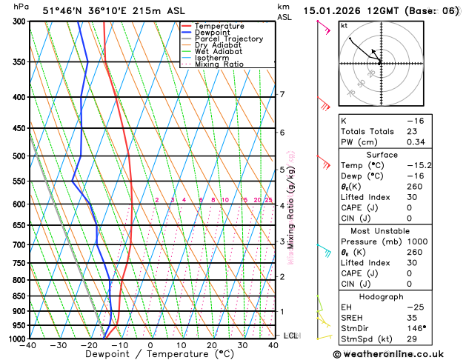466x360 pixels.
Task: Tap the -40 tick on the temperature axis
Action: tap(29, 345)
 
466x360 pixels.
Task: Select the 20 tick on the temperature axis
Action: tap(212, 345)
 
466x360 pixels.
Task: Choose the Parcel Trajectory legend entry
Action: tap(228, 39)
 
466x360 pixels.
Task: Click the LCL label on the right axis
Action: tap(290, 336)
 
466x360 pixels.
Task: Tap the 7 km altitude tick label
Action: tap(282, 94)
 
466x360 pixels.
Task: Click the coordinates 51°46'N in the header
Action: tap(64, 10)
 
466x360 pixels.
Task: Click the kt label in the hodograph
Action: tap(344, 26)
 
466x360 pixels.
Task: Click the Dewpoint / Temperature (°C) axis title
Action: tap(150, 355)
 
